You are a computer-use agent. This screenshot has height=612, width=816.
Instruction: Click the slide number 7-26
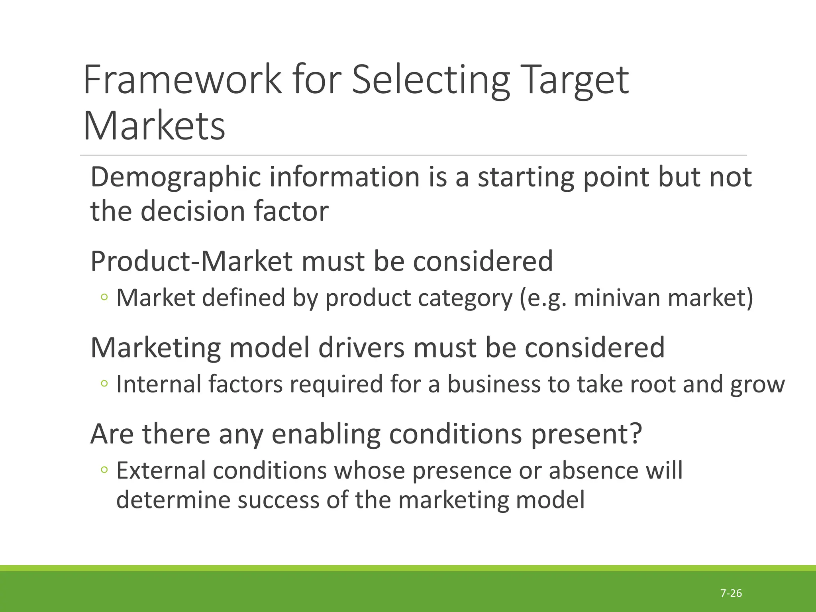click(731, 593)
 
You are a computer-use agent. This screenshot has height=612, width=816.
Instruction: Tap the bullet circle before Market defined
click(104, 297)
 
